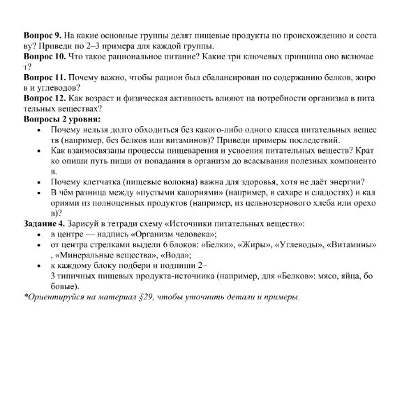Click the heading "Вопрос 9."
pyautogui.click(x=42, y=34)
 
